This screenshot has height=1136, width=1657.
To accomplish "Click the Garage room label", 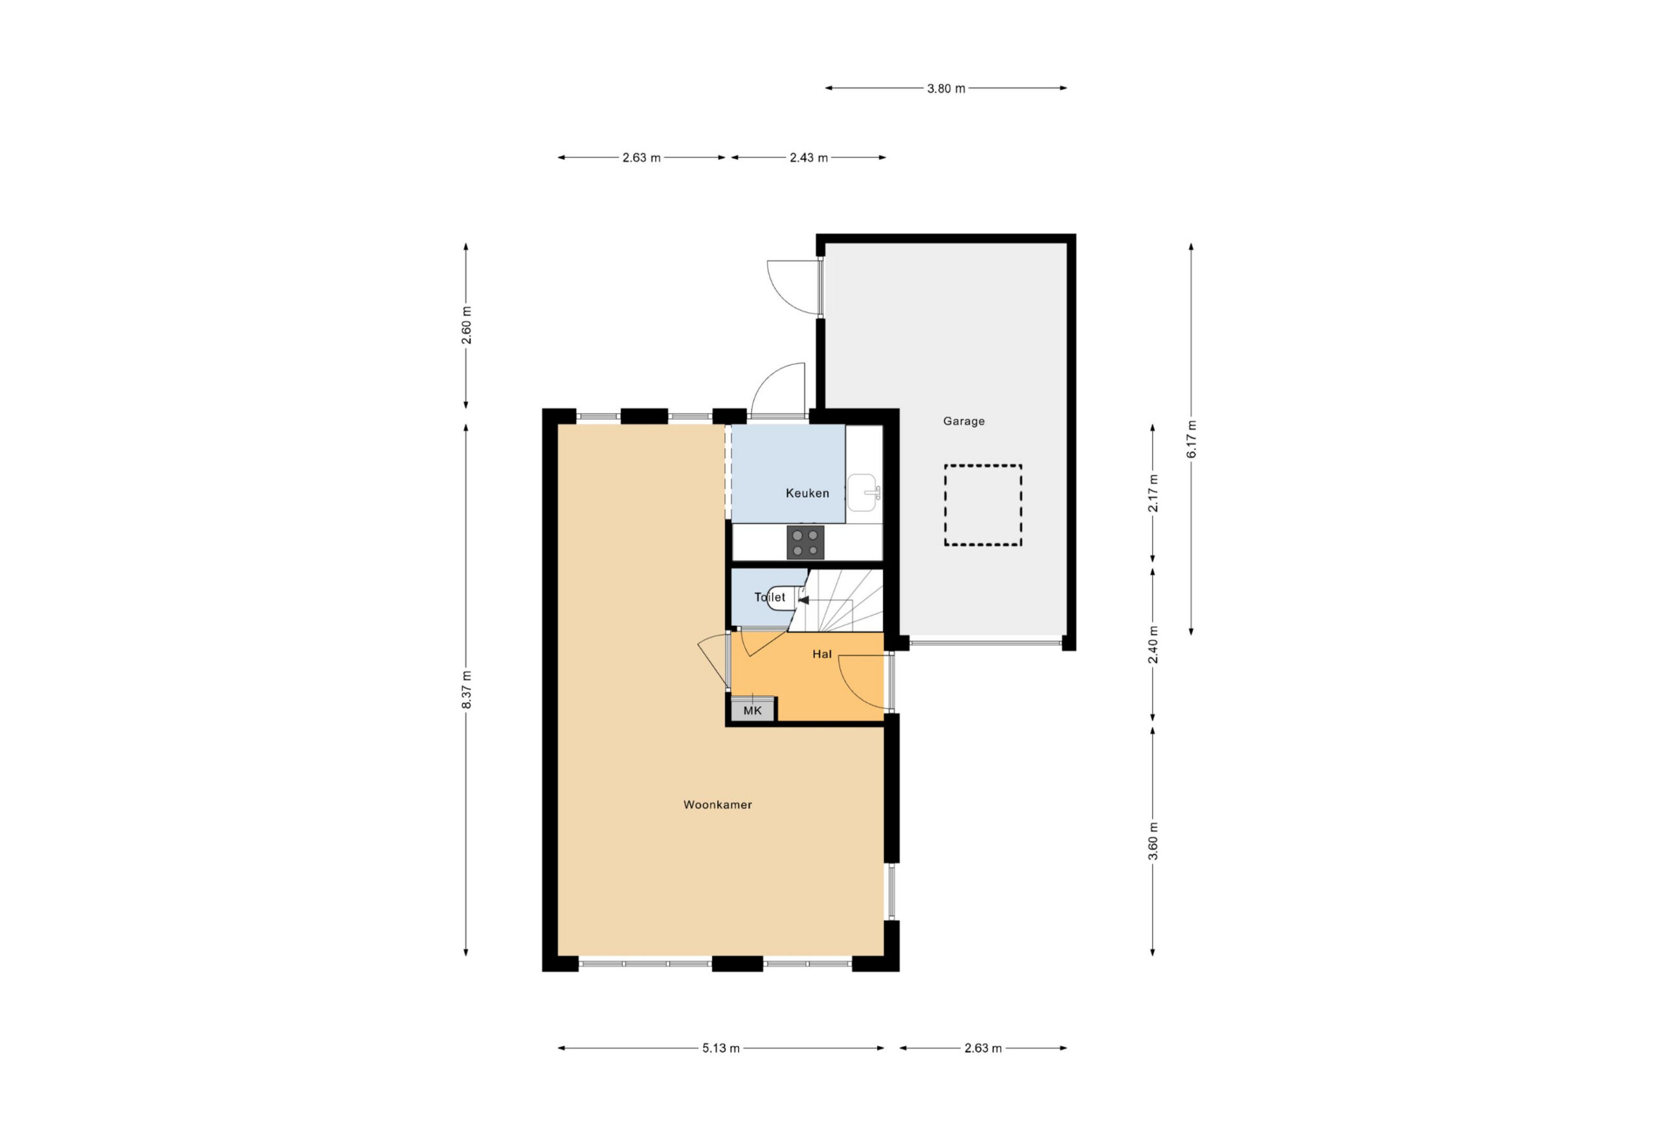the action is tap(963, 421).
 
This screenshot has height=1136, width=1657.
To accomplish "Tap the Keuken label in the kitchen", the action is tap(807, 493).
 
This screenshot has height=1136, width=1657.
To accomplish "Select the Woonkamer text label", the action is tap(717, 805).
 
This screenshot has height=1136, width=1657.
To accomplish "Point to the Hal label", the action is tap(822, 654).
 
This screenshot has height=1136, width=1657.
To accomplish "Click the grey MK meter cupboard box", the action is tap(752, 710).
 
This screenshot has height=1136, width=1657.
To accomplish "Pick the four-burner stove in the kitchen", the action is tap(806, 542).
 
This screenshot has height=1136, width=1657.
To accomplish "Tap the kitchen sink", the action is tap(863, 493).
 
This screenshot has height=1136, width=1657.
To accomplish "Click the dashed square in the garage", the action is tap(983, 506).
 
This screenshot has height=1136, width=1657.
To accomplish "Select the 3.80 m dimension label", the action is tap(946, 89).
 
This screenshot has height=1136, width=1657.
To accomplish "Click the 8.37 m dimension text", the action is tap(466, 689).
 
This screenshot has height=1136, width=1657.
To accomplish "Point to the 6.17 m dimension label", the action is tap(1192, 440).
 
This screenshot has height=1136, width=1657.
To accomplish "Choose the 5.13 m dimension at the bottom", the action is tap(721, 1048).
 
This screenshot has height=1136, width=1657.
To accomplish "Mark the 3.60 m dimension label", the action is tap(1153, 841).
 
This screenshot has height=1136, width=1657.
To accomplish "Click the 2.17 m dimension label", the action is tap(1153, 493).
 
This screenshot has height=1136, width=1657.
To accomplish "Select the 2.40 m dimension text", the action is tap(1153, 645).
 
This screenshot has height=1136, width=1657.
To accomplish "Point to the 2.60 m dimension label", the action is tap(466, 325).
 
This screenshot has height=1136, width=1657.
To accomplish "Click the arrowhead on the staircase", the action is tap(803, 601).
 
